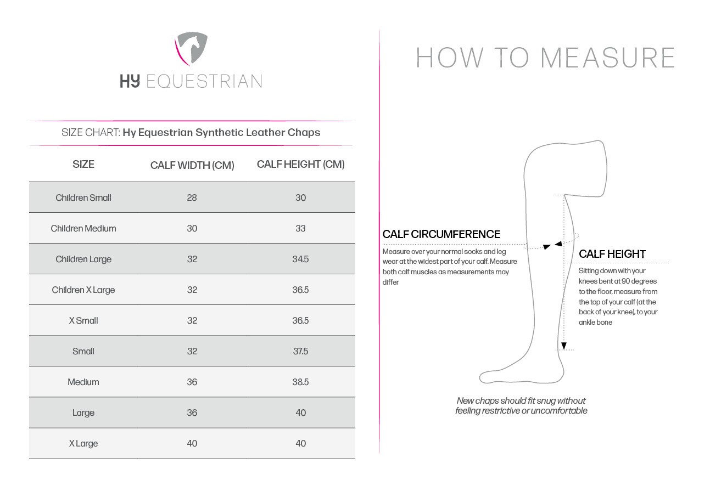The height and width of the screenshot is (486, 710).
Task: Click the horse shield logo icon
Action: point(191,48)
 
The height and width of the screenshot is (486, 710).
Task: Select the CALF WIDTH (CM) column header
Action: point(192,165)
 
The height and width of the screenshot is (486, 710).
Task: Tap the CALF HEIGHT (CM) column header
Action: point(300,164)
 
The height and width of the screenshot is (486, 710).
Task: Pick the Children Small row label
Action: point(83,197)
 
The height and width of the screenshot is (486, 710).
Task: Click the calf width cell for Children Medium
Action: point(192,228)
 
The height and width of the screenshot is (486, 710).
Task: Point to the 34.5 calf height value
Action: point(300,259)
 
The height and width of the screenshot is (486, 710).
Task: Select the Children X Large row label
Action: point(83,290)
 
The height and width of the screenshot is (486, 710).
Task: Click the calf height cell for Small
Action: point(300,351)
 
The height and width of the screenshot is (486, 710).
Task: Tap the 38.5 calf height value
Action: point(300,382)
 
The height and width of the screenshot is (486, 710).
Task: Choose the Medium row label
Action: point(83,382)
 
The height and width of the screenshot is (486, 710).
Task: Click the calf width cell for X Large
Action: point(192,443)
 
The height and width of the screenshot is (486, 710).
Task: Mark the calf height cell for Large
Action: point(300,412)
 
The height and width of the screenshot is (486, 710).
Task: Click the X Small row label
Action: point(83,320)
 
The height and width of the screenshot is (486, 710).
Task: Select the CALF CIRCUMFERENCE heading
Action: point(441,234)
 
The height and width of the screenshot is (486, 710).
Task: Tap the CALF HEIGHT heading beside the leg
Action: point(612,254)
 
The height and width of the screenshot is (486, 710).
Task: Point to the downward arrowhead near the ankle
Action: point(563,346)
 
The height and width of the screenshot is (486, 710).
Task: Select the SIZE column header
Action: point(83,164)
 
